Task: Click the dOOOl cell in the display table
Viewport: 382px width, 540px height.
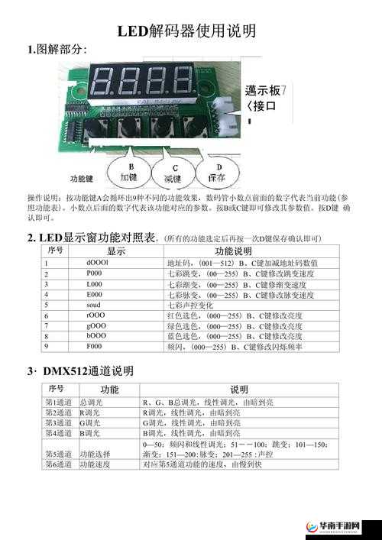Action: tap(97, 263)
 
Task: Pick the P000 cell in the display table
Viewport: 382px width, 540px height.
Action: tap(94, 273)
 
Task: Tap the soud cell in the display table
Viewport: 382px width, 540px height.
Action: tap(94, 305)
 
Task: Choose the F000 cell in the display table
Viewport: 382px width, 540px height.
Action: tap(94, 346)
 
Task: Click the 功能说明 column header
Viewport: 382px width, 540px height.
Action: tap(233, 251)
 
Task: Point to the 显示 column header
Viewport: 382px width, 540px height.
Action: tap(116, 251)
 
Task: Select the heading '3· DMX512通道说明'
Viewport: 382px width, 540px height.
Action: tap(80, 371)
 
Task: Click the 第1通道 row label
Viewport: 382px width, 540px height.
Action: tap(59, 402)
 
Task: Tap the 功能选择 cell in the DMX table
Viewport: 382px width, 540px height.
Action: tap(95, 453)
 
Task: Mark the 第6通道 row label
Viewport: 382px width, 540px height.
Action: tap(59, 464)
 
